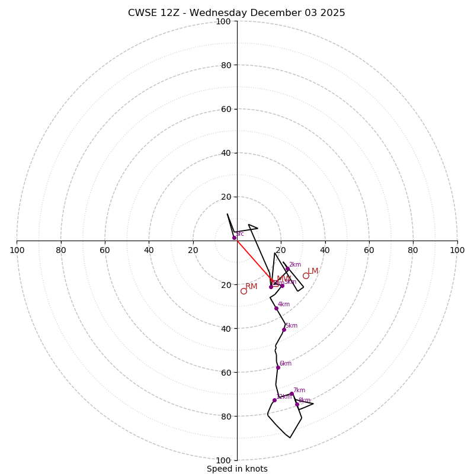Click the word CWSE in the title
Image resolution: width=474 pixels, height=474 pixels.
pos(143,13)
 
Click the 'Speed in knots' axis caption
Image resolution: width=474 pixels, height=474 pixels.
pos(237,469)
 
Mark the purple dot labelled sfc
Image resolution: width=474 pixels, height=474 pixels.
pos(234,238)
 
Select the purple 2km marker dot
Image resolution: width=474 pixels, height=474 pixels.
pos(287,269)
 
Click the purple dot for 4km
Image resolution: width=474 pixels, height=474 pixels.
pos(276,308)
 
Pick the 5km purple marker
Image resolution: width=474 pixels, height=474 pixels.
pos(284,329)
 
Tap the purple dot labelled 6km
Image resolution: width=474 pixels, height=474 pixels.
pos(278,367)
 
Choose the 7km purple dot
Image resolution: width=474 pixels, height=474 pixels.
pos(292,393)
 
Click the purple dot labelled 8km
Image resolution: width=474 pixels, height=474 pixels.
pos(297,404)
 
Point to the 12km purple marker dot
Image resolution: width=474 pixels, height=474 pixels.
pos(274,400)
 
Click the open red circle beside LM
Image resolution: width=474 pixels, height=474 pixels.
pos(306,276)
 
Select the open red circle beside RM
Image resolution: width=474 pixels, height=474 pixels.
pos(244,291)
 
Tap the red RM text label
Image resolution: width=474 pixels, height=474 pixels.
pos(251,287)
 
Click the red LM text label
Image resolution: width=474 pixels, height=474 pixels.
pos(313,271)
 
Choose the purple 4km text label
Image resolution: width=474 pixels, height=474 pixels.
pos(284,305)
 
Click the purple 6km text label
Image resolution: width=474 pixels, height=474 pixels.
pos(286,364)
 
